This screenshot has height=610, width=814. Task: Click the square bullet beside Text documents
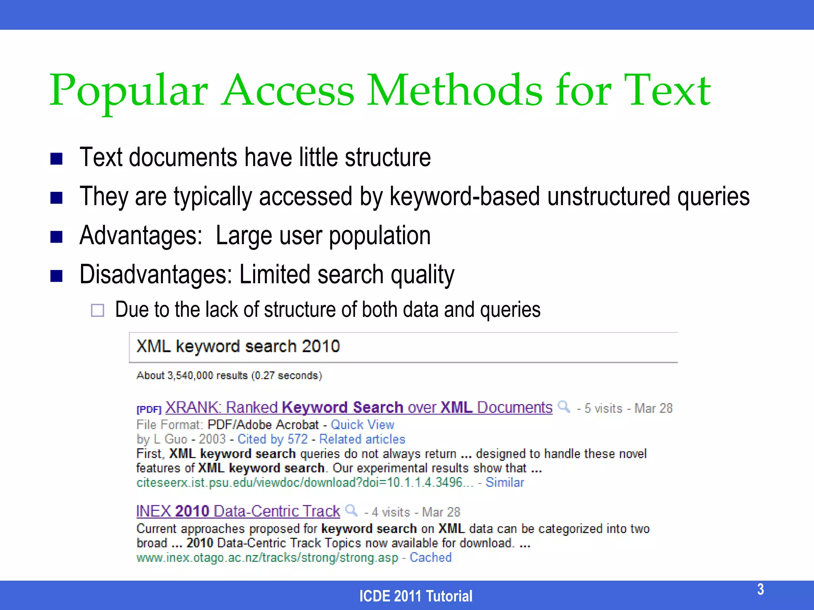56,159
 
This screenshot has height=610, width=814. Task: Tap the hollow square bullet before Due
97,310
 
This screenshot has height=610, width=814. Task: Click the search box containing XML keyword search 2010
403,347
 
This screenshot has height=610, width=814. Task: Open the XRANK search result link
359,407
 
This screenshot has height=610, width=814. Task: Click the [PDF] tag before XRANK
149,409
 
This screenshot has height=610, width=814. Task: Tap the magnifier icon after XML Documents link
564,407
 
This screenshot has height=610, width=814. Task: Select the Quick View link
362,425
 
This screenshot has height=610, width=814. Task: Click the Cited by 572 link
273,439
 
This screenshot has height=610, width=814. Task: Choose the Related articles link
362,439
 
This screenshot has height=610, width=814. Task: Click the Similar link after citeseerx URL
505,482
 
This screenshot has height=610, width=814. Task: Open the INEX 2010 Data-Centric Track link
238,511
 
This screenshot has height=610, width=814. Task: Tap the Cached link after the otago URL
430,557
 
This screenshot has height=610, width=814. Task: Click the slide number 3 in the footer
760,589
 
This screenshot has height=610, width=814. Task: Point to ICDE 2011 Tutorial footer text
416,596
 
